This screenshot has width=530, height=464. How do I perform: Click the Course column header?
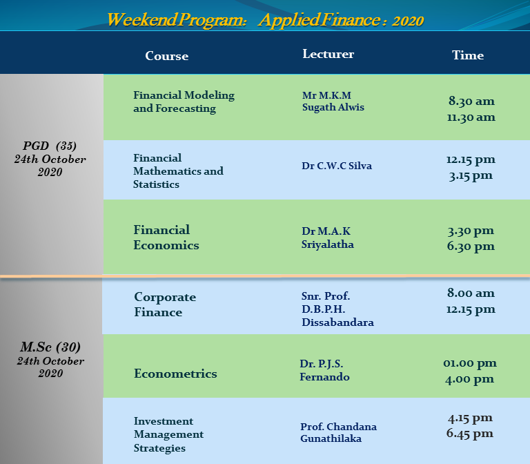(x=166, y=56)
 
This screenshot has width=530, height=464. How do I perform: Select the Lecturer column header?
(x=328, y=54)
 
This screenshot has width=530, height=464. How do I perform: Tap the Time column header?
(x=468, y=55)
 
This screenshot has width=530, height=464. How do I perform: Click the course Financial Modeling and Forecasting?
(x=184, y=101)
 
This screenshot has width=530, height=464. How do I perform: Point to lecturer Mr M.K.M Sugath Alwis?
(x=333, y=101)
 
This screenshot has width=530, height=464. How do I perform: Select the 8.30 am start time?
(x=471, y=101)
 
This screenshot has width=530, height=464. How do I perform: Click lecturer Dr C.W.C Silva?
(x=337, y=166)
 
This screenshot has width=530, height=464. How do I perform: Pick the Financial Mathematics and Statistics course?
(x=178, y=171)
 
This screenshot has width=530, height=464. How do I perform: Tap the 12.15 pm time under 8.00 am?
(x=471, y=309)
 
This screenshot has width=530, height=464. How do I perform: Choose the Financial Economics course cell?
(x=166, y=238)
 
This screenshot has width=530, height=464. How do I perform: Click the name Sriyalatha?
(x=328, y=244)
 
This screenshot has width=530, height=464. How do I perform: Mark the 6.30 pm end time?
(x=471, y=246)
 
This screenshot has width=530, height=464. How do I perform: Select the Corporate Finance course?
(x=165, y=304)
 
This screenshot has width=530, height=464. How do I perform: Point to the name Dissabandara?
(x=337, y=322)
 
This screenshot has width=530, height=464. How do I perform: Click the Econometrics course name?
(x=175, y=374)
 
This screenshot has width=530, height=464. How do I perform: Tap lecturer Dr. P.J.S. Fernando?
(x=324, y=370)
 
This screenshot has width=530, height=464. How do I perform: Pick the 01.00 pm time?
(x=470, y=363)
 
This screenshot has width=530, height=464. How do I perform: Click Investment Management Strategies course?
(x=168, y=434)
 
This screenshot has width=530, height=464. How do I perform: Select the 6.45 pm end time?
(x=470, y=434)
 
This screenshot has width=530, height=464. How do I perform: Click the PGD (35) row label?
(x=50, y=146)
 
